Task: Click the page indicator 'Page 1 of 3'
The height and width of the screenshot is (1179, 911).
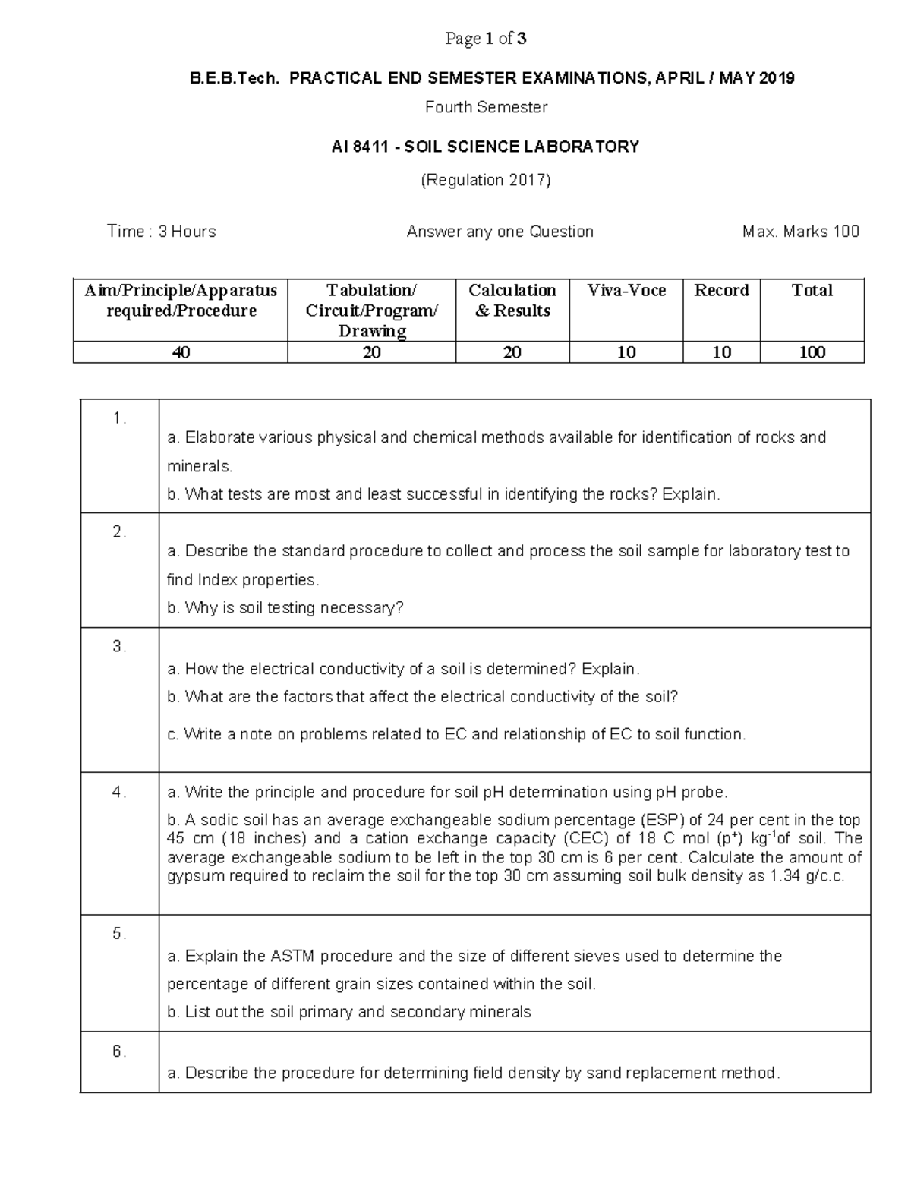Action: point(486,39)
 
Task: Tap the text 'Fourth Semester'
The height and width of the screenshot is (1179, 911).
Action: point(486,107)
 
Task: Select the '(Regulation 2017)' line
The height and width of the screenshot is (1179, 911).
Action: point(486,180)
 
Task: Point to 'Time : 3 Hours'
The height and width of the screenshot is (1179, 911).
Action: point(161,232)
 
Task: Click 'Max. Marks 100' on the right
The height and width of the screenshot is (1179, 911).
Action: point(800,232)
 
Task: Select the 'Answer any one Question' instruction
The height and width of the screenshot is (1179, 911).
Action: point(500,232)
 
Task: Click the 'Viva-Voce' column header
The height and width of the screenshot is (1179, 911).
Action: point(626,290)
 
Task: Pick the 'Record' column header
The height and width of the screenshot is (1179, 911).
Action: point(721,290)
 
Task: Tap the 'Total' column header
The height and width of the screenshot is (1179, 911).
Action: point(812,290)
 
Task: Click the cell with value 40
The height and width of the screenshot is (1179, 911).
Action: point(181,352)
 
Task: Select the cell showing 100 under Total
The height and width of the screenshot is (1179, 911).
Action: point(812,352)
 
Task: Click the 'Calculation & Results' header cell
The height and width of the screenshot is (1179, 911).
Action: point(512,301)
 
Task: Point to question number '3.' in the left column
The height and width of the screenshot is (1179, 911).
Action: point(119,646)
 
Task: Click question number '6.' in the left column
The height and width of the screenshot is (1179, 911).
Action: point(119,1051)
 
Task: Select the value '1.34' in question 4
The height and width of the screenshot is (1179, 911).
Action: point(787,876)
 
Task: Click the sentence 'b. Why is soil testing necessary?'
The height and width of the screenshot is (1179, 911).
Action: point(285,607)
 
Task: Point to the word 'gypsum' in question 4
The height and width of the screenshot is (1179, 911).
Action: point(191,876)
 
